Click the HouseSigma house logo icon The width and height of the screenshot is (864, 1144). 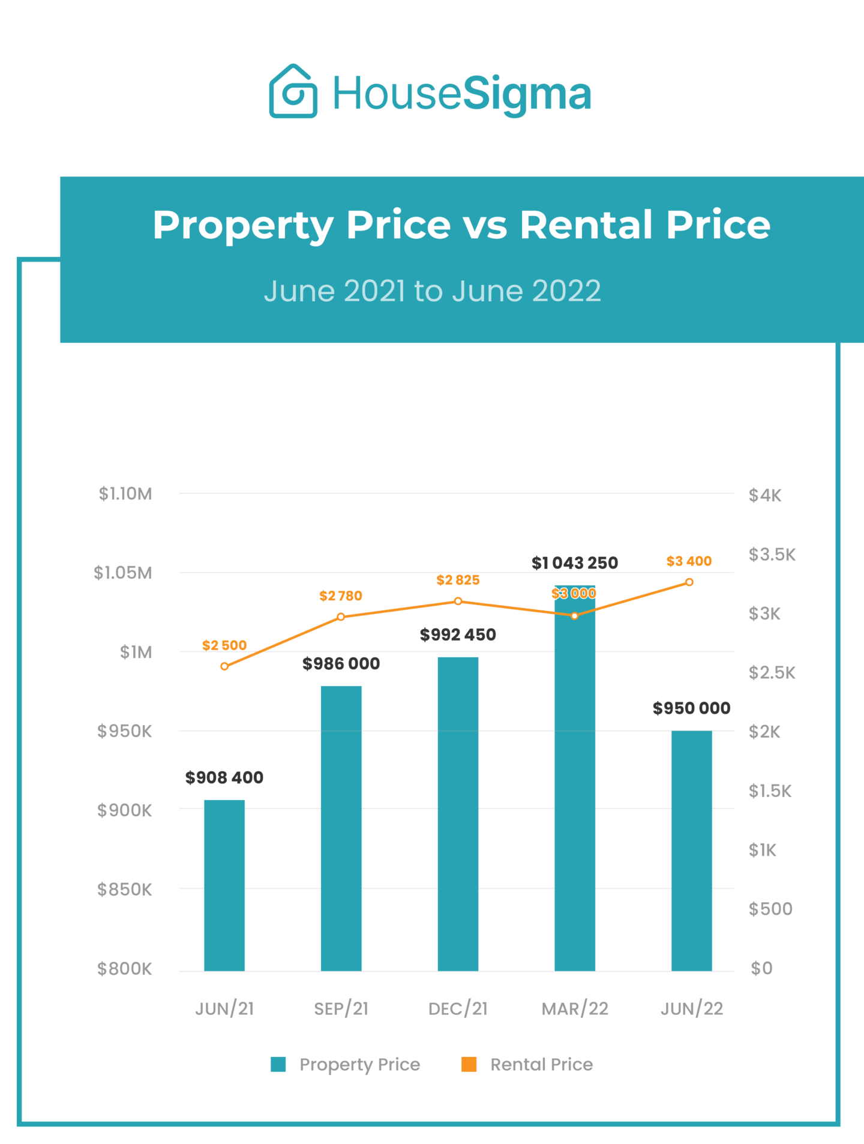(x=293, y=91)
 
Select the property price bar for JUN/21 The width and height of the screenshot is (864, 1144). (x=224, y=885)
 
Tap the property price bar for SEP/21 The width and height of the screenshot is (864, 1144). (x=341, y=828)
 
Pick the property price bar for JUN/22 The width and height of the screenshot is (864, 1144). (x=691, y=850)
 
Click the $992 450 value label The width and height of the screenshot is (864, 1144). (x=458, y=634)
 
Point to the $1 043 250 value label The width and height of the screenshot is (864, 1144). (x=574, y=563)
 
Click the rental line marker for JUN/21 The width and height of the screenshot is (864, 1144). (x=224, y=666)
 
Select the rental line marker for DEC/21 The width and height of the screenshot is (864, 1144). (x=458, y=601)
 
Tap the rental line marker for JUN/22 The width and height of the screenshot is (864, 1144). (x=689, y=582)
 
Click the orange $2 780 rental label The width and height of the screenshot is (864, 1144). (x=341, y=596)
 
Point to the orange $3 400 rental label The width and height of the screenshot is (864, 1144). (x=689, y=561)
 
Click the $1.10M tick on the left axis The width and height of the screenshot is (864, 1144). (x=125, y=494)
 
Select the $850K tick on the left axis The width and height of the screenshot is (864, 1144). (x=125, y=890)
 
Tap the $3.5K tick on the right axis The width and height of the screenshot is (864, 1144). (x=772, y=555)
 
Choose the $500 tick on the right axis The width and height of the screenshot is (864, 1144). (x=770, y=909)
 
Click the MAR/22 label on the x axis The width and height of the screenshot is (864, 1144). (x=575, y=1009)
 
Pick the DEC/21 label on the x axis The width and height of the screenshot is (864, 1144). (x=458, y=1009)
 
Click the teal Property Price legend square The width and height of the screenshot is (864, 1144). (x=278, y=1064)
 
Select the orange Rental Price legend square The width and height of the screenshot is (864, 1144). (x=469, y=1064)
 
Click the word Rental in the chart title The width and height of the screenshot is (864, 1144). (x=586, y=225)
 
